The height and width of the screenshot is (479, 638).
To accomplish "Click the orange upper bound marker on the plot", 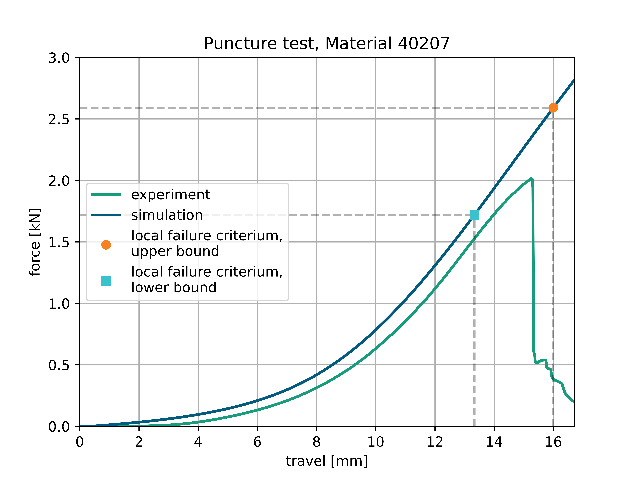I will coord(553,108).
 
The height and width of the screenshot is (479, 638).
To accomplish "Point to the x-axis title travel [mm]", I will coord(326,461).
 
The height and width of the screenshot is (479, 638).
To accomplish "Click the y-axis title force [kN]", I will coord(35,242).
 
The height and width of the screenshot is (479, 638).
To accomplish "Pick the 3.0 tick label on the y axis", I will coord(59,58).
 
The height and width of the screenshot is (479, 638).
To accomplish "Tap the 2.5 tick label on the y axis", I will coord(59,119).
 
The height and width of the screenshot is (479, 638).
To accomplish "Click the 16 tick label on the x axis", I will coord(553,442).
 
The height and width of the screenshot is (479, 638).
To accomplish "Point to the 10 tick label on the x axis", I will coord(376,442).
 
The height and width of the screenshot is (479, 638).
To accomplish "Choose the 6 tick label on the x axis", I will coord(257,442).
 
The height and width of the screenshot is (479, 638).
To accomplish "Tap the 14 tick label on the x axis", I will coord(494,442).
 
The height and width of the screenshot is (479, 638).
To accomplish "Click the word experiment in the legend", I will coord(170,195).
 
